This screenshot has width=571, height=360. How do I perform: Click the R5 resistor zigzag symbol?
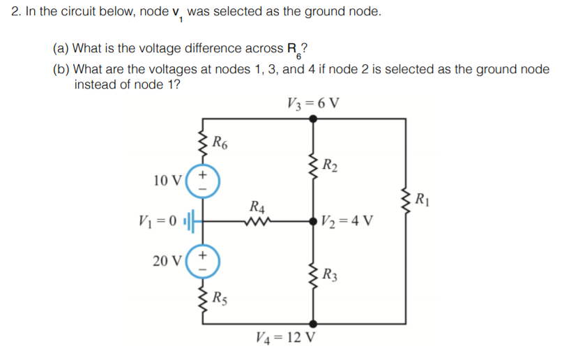pos(204,300)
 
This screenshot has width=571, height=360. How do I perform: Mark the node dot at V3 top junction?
pos(313,119)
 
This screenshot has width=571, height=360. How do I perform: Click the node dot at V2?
pos(313,223)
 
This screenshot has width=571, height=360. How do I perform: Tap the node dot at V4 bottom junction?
pos(313,324)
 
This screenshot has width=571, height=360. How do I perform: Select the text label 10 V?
pos(167,181)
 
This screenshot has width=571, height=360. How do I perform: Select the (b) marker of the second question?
pos(61,69)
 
